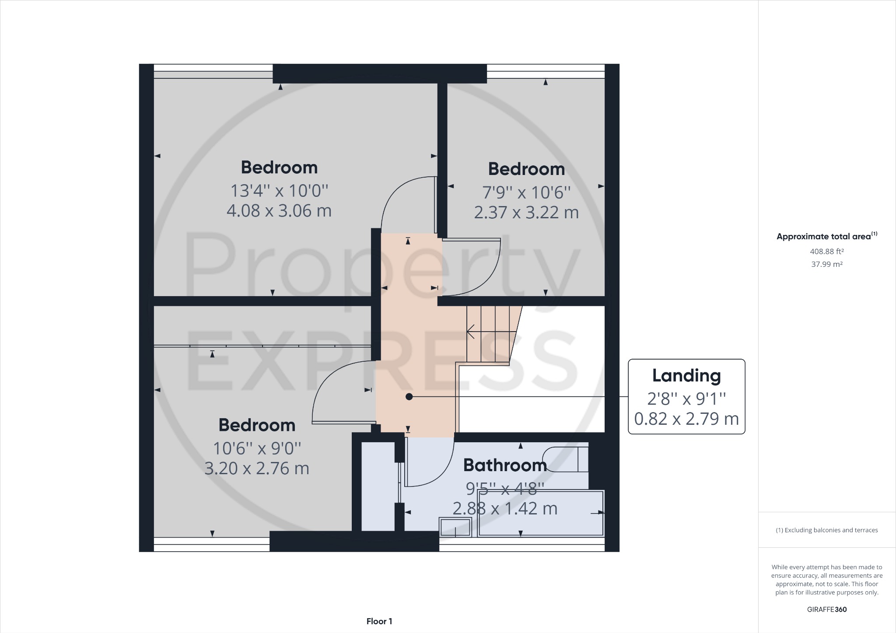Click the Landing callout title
[x=686, y=376]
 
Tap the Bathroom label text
[x=505, y=465]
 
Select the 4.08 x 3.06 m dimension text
[x=279, y=211]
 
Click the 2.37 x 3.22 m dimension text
[x=526, y=213]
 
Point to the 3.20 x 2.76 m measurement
[x=257, y=469]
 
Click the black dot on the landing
[x=409, y=397]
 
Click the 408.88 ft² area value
[x=826, y=252]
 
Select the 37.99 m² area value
[x=826, y=264]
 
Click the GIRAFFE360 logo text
[x=826, y=609]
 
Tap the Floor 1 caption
[x=379, y=621]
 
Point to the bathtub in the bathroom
[x=541, y=513]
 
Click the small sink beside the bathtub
[x=455, y=527]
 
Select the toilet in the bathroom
[x=567, y=459]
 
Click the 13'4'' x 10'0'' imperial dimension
[x=279, y=191]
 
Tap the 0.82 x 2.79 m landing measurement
[x=686, y=419]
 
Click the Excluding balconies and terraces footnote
[x=826, y=530]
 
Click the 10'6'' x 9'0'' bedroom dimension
[x=257, y=448]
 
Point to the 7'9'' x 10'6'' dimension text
[x=526, y=192]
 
